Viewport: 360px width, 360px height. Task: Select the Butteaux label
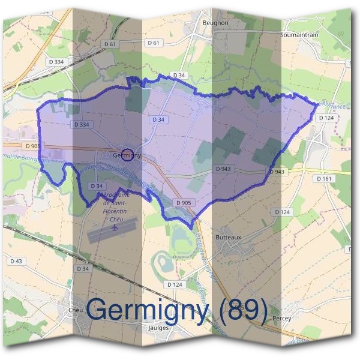(228, 237)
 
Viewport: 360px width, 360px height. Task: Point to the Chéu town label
(76, 310)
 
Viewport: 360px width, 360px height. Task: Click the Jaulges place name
(157, 328)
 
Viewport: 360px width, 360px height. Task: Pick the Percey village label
(281, 318)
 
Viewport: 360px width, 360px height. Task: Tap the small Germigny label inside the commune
(127, 155)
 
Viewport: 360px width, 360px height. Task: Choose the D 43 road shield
(16, 261)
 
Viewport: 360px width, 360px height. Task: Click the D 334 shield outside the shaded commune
(58, 62)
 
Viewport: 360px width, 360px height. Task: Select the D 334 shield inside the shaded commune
(83, 124)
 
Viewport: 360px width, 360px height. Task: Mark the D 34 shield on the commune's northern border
(178, 75)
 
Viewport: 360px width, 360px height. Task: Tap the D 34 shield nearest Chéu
(83, 268)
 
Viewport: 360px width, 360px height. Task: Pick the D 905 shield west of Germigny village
(34, 145)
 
